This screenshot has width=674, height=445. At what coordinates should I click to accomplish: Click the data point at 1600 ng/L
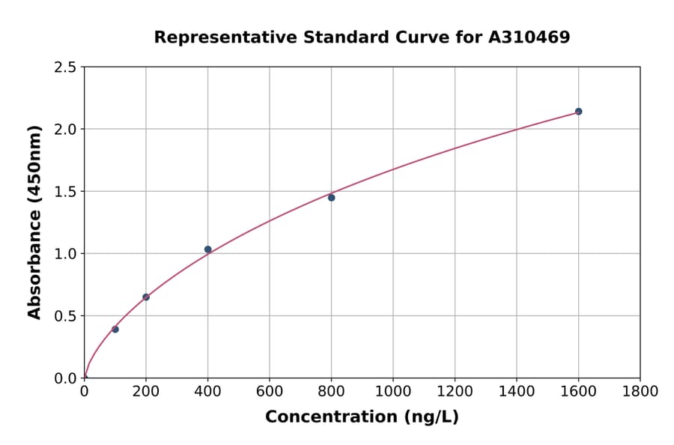click(x=578, y=112)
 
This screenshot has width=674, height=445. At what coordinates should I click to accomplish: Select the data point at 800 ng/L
click(x=331, y=198)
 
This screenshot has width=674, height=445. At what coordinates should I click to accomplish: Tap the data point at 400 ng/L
click(x=207, y=249)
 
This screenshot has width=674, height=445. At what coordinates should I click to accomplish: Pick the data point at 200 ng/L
click(x=146, y=297)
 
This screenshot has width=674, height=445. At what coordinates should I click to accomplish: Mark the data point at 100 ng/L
click(x=115, y=330)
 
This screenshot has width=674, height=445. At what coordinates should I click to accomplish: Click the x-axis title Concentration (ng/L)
click(x=362, y=417)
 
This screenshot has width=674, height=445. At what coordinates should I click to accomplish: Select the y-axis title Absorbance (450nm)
click(x=34, y=222)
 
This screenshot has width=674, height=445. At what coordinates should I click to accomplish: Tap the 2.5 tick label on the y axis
click(x=65, y=67)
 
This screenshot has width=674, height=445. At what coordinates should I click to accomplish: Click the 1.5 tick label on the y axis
click(x=65, y=192)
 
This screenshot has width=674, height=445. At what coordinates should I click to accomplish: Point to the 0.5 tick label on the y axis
click(x=65, y=316)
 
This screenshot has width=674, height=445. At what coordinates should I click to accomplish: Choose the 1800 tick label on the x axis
click(x=640, y=391)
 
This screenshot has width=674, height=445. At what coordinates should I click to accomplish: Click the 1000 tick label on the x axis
click(x=393, y=391)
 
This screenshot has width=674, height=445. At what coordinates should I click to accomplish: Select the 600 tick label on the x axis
click(x=270, y=391)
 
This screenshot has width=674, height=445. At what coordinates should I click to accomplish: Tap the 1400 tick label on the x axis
click(x=517, y=391)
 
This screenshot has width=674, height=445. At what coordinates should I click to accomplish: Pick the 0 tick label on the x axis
click(x=84, y=391)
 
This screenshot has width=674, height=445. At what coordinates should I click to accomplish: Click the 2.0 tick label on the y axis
click(x=65, y=130)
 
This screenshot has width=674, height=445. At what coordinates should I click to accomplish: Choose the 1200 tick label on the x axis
click(x=455, y=391)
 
